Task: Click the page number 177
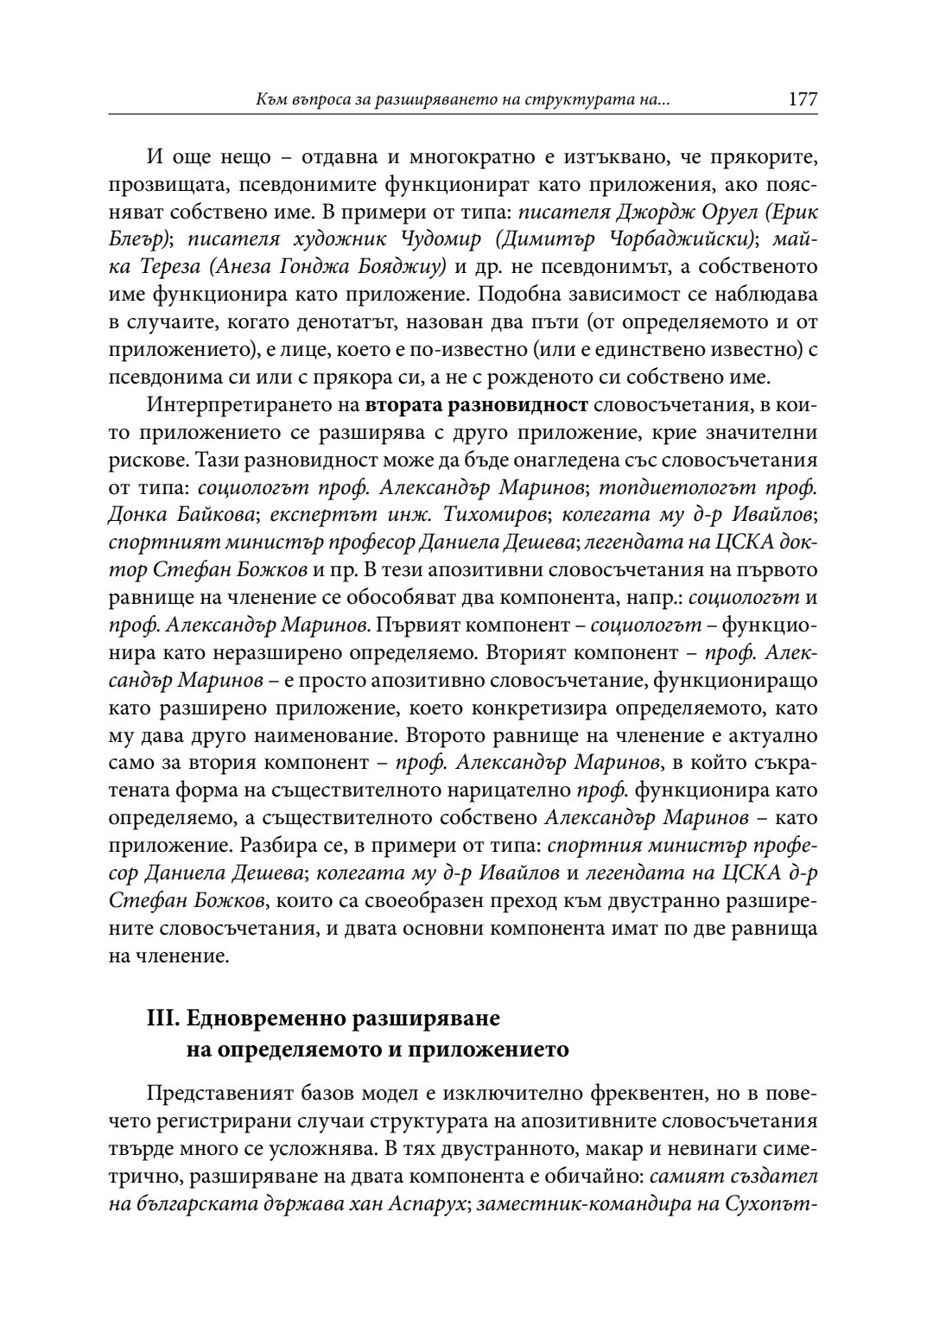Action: [803, 99]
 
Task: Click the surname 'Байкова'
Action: [216, 515]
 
